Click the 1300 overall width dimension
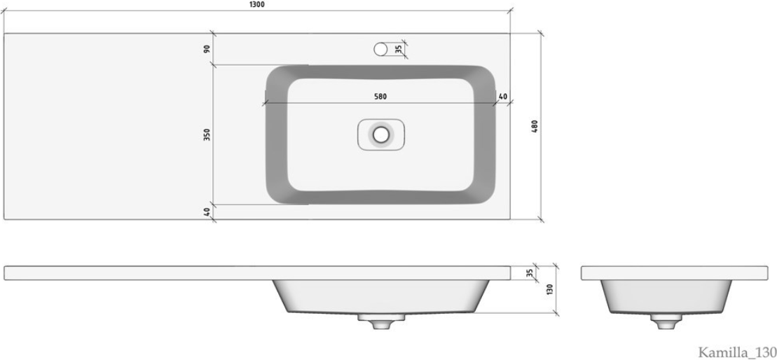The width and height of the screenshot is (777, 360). tap(256, 4)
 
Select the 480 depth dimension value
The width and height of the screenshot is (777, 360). tap(534, 126)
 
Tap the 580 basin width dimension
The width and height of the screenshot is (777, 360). tap(380, 97)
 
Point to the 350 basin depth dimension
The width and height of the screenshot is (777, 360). tap(207, 134)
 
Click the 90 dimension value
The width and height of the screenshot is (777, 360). tap(207, 48)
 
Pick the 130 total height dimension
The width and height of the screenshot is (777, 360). tap(549, 290)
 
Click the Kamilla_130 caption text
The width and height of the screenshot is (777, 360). tap(737, 352)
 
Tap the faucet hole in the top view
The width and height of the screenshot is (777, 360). tap(380, 48)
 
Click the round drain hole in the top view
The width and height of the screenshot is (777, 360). tap(381, 134)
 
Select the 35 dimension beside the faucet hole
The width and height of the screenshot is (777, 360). tap(399, 48)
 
